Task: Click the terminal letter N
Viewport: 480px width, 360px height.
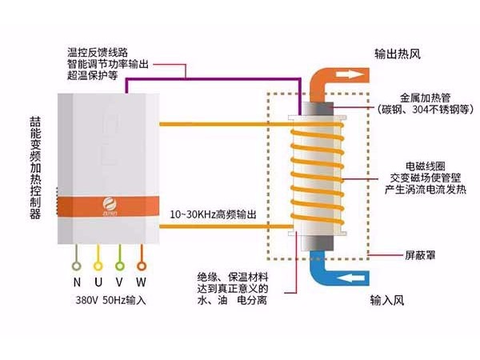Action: [x=77, y=282]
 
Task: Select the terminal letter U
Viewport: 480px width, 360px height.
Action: [x=98, y=282]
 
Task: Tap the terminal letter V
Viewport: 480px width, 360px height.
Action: [x=120, y=282]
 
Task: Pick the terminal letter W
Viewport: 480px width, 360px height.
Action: [x=142, y=282]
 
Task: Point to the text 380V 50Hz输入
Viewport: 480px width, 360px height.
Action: [x=109, y=302]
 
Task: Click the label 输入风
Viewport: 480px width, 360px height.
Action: [x=390, y=302]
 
